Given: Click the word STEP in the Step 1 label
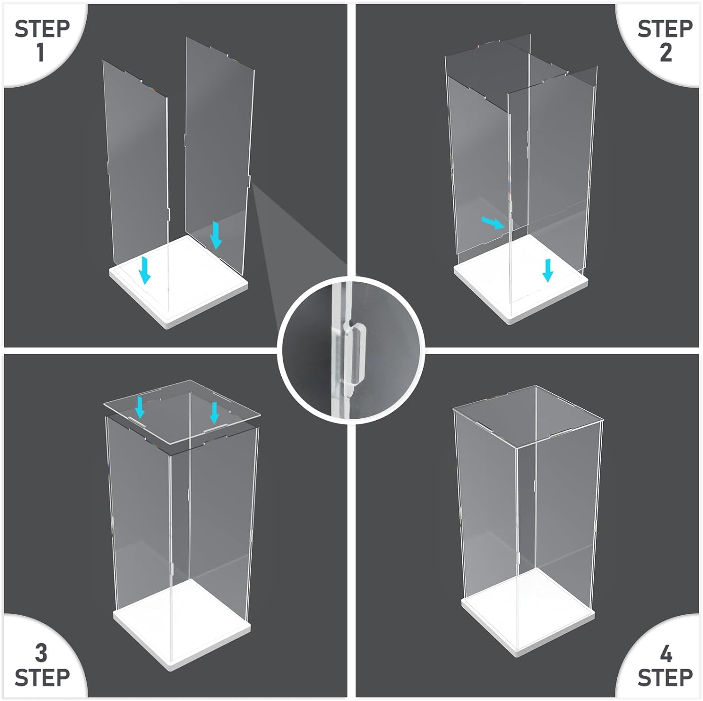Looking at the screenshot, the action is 42,29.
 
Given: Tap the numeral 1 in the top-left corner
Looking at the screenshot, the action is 41,52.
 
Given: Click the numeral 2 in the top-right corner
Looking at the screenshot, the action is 666,52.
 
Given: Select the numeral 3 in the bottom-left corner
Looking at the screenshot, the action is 41,653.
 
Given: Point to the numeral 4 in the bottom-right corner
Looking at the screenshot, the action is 666,653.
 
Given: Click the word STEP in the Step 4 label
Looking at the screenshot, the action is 665,677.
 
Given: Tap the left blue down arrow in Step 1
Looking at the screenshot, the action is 146,269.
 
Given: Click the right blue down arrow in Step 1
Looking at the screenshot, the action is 216,235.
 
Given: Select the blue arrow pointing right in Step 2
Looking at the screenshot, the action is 494,223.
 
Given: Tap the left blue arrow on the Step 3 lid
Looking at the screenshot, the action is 140,407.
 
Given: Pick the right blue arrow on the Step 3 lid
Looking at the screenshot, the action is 215,412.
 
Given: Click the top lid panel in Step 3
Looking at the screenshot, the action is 182,412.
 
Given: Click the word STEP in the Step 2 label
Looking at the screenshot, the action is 665,29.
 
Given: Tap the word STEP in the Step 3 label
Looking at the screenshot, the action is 42,677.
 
